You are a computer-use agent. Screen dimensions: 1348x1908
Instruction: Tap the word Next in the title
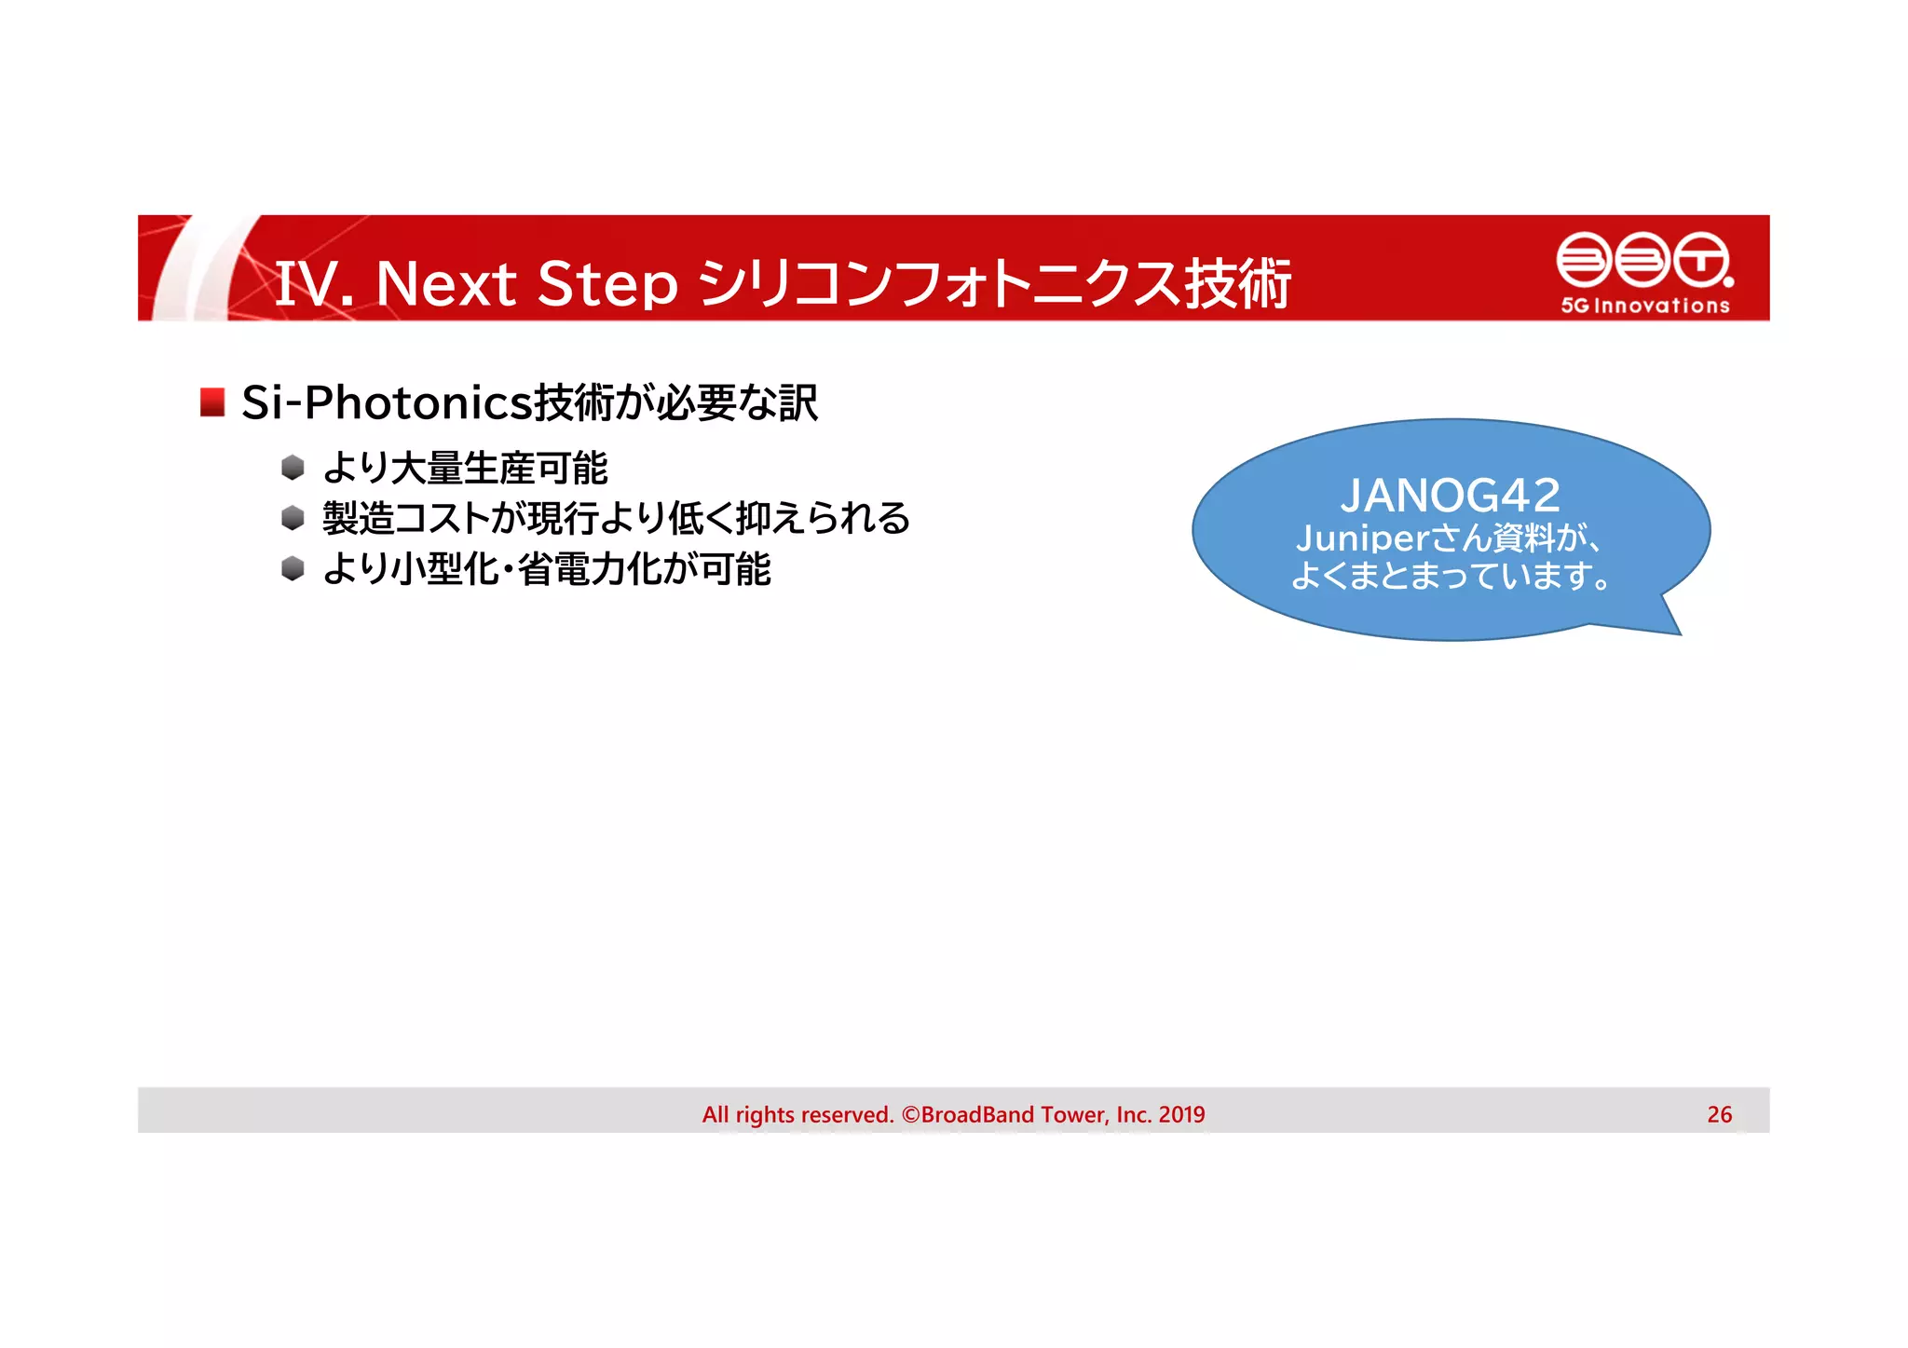[x=445, y=283]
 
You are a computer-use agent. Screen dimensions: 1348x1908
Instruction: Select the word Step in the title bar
[x=607, y=283]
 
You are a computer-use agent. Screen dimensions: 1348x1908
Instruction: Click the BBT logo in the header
[x=1644, y=260]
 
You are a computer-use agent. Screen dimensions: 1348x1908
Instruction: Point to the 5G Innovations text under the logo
[x=1645, y=306]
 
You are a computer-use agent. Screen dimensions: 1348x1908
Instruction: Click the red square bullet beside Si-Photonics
[x=212, y=402]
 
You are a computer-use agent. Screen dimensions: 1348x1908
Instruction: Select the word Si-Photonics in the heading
[x=386, y=402]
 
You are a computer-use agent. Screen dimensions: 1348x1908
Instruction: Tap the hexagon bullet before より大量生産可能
[x=293, y=467]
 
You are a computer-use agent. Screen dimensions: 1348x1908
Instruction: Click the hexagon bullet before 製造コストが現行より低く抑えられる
[x=293, y=517]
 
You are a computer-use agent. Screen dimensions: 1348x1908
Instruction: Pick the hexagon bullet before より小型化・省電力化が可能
[x=293, y=568]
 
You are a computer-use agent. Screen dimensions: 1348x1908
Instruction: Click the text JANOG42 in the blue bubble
[x=1450, y=495]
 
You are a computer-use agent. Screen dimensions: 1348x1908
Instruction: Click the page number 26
[x=1719, y=1114]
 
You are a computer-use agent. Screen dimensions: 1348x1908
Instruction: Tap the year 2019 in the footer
[x=1181, y=1114]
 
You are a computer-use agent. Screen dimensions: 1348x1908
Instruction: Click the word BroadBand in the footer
[x=977, y=1114]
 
